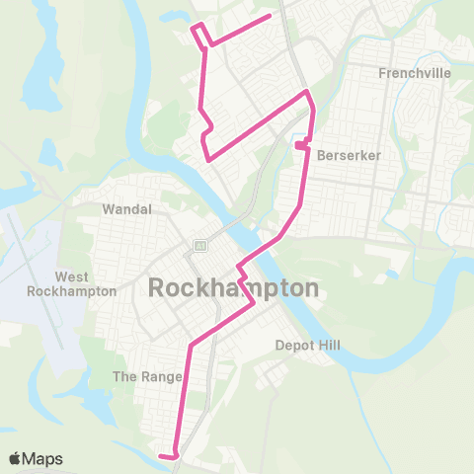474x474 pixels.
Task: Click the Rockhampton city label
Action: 234,288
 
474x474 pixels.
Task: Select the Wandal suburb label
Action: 126,209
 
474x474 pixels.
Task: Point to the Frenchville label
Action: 414,73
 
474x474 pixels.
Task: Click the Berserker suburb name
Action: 343,155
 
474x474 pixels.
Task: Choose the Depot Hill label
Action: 306,346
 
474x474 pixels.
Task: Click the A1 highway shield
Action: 198,245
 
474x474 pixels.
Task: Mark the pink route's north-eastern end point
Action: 270,16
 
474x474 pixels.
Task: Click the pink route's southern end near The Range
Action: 160,455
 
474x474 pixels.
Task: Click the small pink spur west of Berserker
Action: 298,146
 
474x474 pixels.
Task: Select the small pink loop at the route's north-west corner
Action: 200,33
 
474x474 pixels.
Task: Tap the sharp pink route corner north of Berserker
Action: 308,93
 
